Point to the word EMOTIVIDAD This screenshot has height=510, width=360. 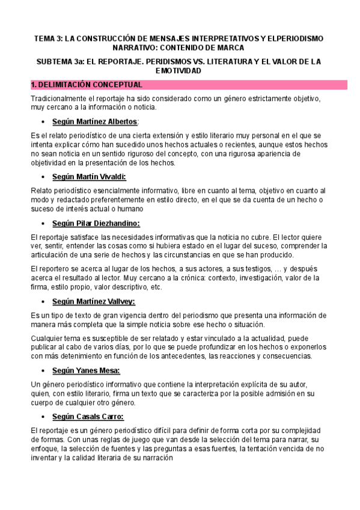point(180,71)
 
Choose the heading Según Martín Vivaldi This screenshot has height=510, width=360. point(89,176)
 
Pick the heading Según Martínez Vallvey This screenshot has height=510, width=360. point(93,301)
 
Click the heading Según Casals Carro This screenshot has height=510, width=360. point(88,417)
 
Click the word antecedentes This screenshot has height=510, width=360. point(183,356)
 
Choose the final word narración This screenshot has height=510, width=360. point(155,458)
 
